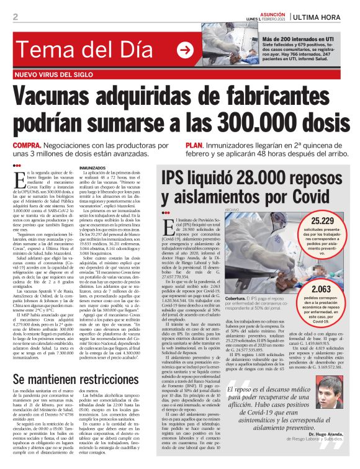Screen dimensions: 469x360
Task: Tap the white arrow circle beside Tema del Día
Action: [x=185, y=50]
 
